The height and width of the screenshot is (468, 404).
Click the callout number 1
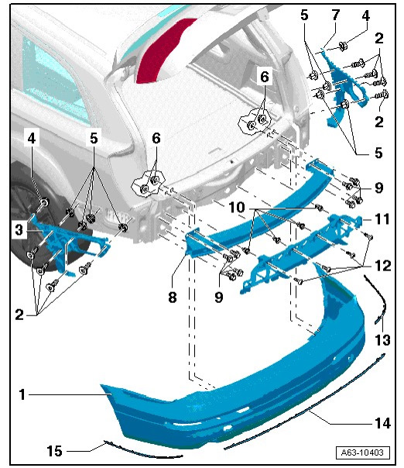point(22,394)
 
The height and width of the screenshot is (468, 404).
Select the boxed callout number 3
point(19,230)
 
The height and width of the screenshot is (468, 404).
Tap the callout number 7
point(336,15)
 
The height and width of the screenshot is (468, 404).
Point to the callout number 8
point(173,297)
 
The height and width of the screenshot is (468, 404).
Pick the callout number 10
point(237,207)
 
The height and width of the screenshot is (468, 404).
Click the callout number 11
point(382,219)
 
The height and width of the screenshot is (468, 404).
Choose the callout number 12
point(383,265)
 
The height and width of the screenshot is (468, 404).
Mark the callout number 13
point(382,340)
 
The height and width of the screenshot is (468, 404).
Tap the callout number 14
point(382,423)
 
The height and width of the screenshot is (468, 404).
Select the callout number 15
point(54,451)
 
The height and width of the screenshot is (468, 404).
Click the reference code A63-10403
point(362,453)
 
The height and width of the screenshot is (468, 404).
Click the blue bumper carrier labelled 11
point(301,251)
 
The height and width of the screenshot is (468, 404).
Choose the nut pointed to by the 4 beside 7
point(342,46)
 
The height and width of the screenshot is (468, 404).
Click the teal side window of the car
point(53,77)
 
